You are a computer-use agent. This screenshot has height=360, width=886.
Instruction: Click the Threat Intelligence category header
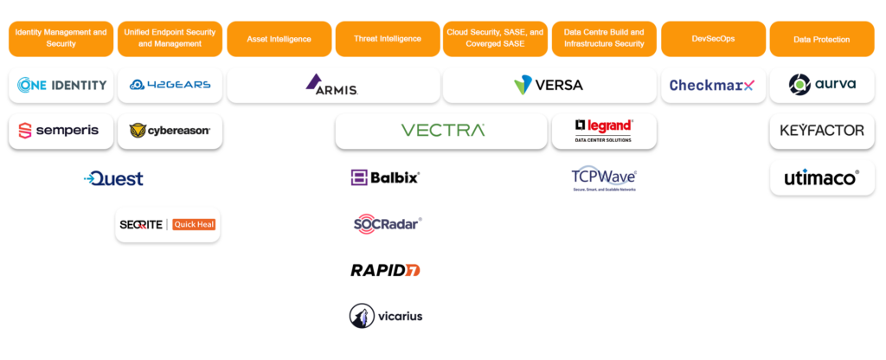[x=387, y=39]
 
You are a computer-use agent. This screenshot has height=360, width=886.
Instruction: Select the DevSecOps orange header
[x=713, y=39]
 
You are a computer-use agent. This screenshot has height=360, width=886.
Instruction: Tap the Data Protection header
[x=821, y=39]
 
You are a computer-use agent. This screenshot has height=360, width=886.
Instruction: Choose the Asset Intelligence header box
[x=279, y=39]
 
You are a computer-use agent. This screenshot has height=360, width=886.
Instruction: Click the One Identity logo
[x=61, y=85]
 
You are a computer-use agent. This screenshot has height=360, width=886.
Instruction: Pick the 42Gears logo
[x=170, y=85]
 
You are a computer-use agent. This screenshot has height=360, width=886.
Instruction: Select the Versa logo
[x=549, y=85]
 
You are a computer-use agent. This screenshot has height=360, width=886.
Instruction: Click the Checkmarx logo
[x=712, y=85]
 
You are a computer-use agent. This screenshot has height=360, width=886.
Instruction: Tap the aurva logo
[x=822, y=85]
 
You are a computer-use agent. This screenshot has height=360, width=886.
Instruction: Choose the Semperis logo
[x=60, y=131]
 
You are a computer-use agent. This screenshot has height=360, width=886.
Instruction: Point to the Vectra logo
[x=442, y=131]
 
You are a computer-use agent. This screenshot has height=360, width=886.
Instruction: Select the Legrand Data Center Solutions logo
[x=604, y=131]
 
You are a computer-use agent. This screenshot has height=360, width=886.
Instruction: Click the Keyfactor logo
[x=822, y=131]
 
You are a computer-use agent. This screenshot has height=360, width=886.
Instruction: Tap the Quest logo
[x=114, y=178]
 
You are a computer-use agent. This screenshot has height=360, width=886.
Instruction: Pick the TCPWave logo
[x=604, y=178]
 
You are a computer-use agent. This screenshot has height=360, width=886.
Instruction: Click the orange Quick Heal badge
[x=194, y=225]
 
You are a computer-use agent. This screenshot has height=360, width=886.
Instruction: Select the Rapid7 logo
[x=386, y=270]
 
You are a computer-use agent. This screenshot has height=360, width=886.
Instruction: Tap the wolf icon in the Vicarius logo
[x=361, y=316]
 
